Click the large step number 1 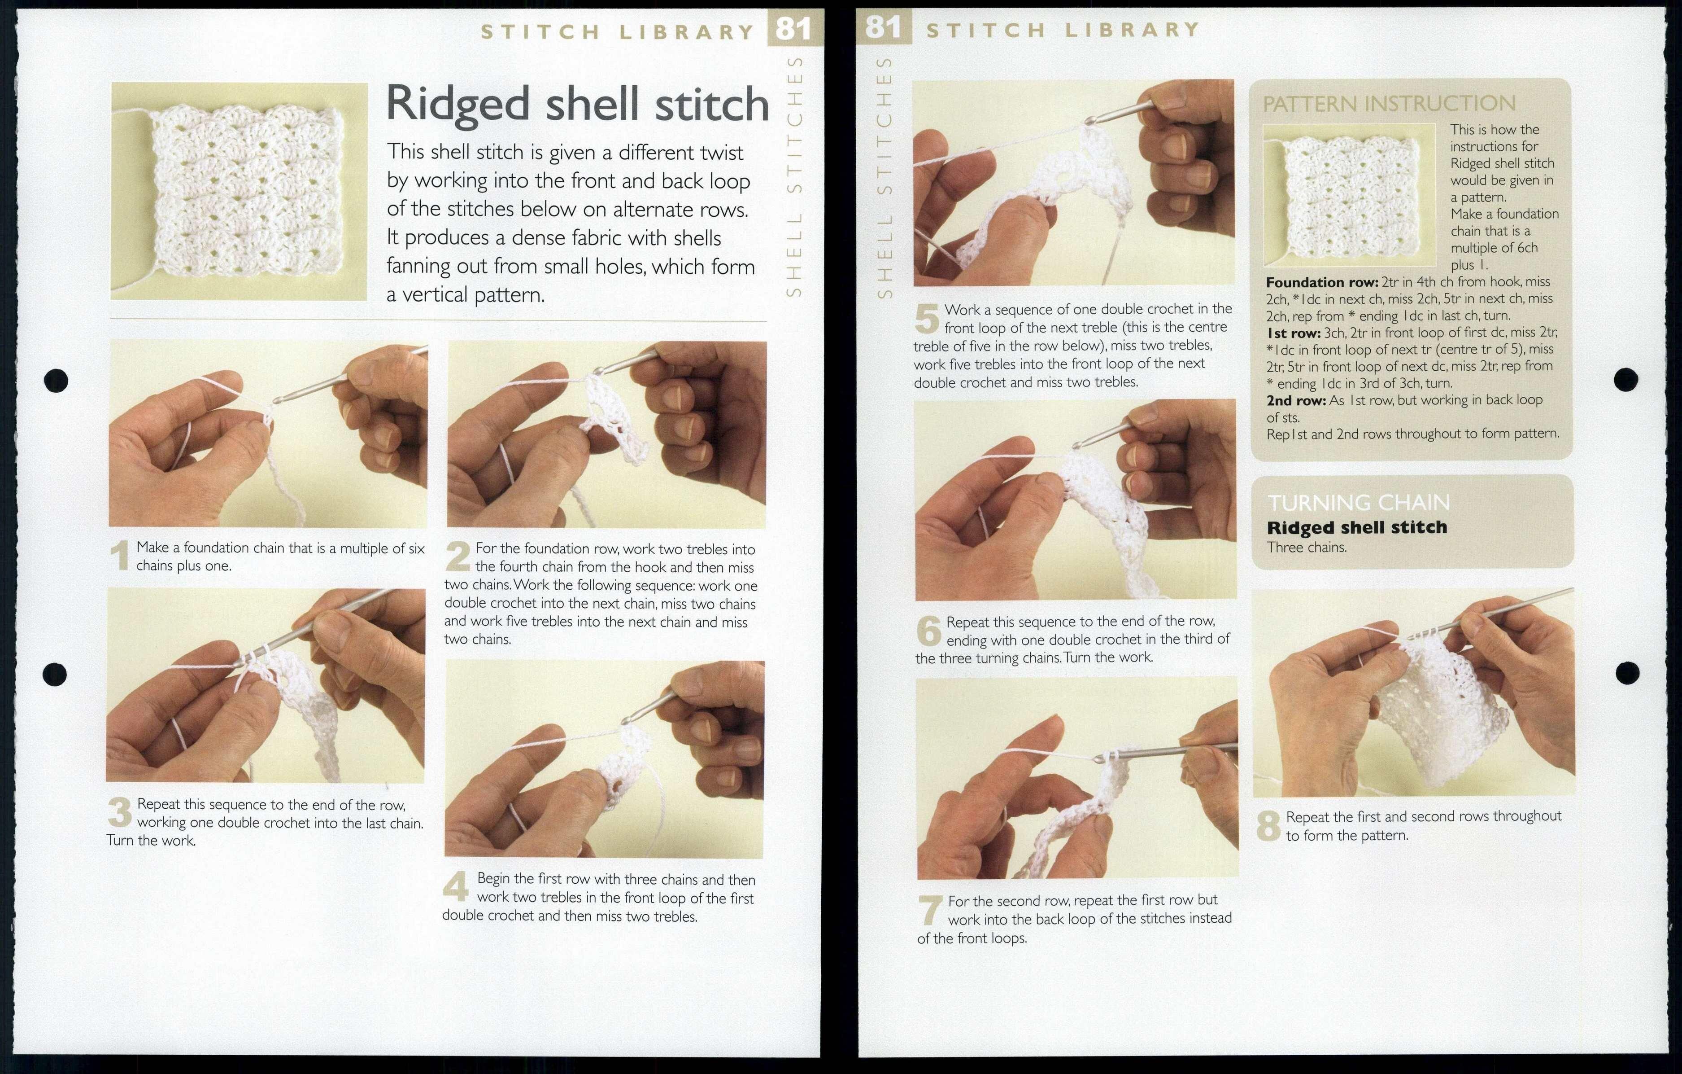point(121,557)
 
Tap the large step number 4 point(455,888)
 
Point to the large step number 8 point(1268,826)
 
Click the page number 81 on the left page point(794,29)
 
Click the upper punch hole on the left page point(56,381)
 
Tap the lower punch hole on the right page point(1628,673)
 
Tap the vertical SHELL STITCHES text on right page point(885,178)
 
